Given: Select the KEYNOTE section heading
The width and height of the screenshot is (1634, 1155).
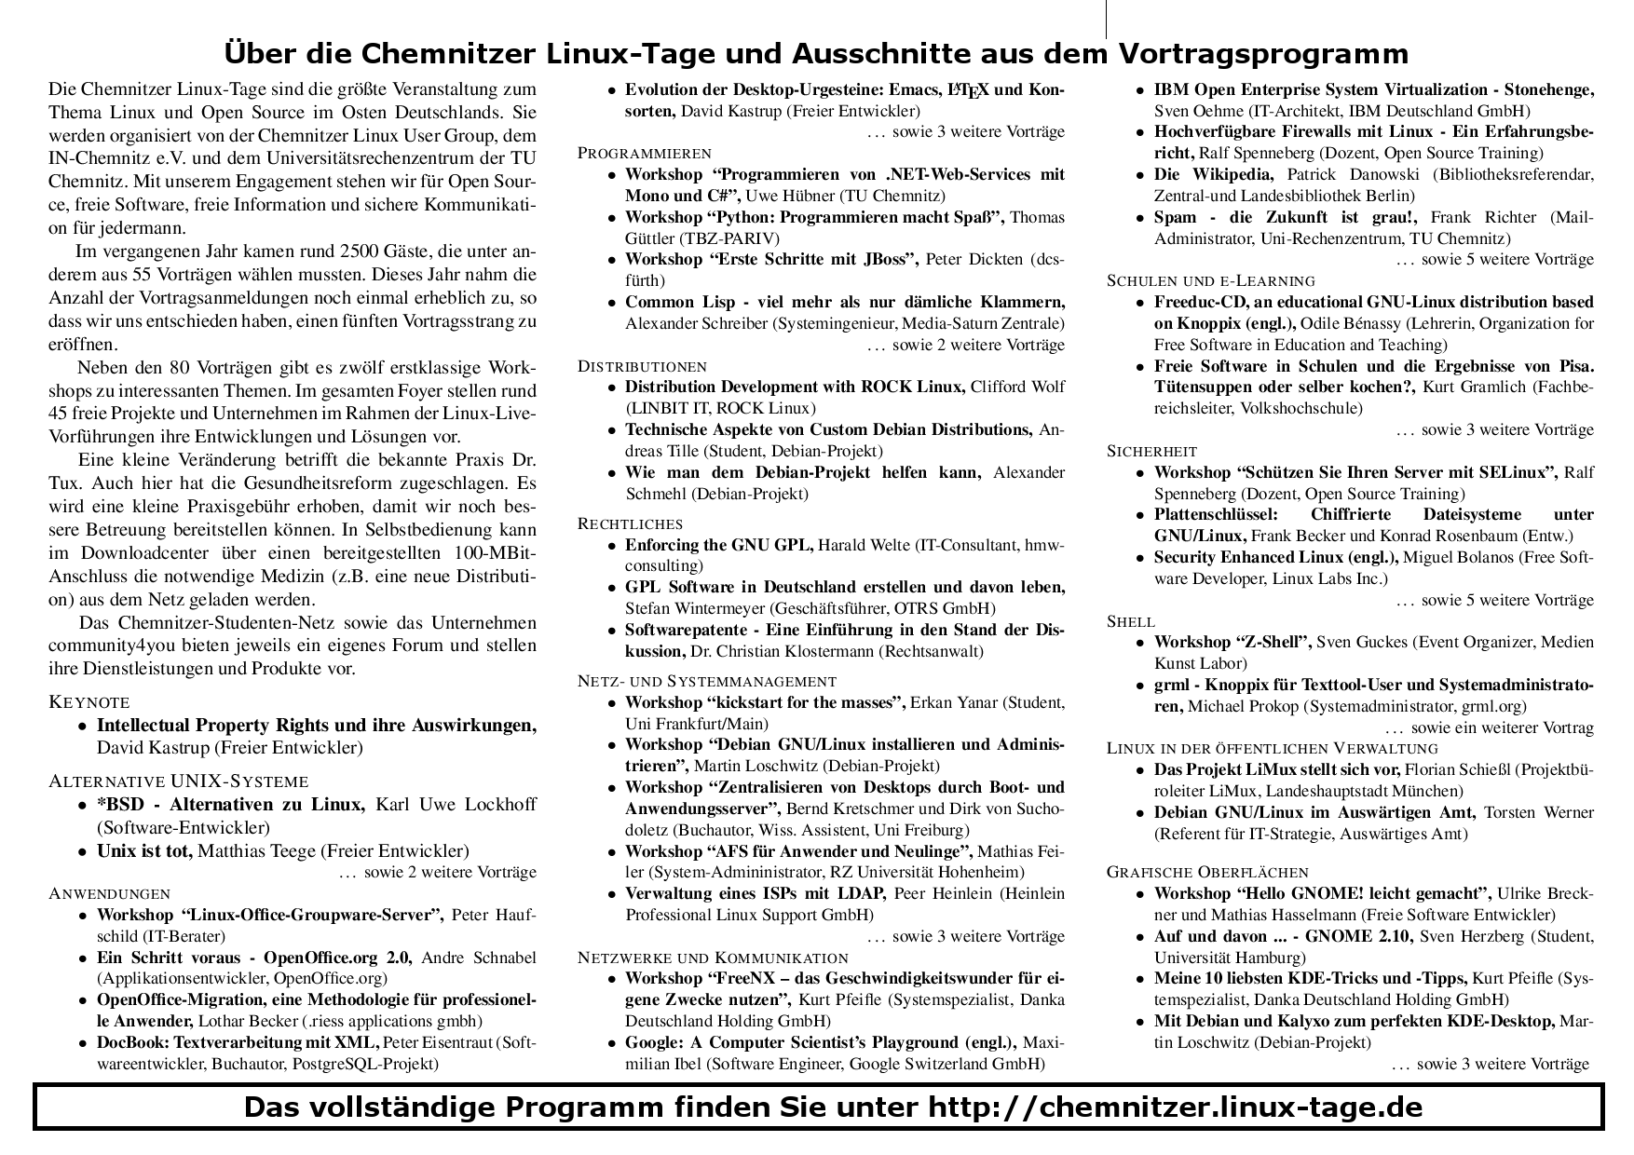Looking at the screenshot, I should click(89, 702).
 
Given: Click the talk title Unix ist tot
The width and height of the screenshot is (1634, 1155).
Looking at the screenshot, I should click(144, 850).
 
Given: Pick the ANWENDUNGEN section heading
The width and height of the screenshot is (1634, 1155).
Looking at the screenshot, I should click(109, 893).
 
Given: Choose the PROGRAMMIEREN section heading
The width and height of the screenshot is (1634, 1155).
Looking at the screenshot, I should click(645, 153).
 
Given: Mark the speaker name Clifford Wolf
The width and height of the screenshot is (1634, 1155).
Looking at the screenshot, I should click(1017, 387).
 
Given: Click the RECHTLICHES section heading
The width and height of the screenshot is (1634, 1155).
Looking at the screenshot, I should click(630, 523).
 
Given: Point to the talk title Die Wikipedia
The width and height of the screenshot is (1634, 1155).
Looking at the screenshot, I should click(1213, 174).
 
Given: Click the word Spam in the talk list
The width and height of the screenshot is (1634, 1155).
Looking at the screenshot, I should click(1175, 217).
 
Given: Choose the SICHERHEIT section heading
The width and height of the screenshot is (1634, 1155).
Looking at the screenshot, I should click(1151, 451).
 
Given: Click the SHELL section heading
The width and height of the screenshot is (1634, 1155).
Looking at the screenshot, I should click(1130, 621).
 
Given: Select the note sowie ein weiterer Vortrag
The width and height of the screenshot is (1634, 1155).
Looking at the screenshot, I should click(1502, 727).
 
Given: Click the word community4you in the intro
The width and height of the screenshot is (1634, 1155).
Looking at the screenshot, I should click(108, 645).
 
